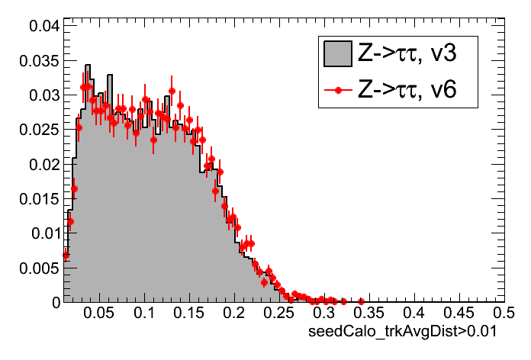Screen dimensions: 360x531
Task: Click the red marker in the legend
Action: [336, 92]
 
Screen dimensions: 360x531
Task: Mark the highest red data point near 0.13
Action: [172, 92]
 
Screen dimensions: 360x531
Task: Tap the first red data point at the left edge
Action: [66, 255]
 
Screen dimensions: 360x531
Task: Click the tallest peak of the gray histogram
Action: [88, 66]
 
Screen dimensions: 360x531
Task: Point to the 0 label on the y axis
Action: [54, 302]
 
